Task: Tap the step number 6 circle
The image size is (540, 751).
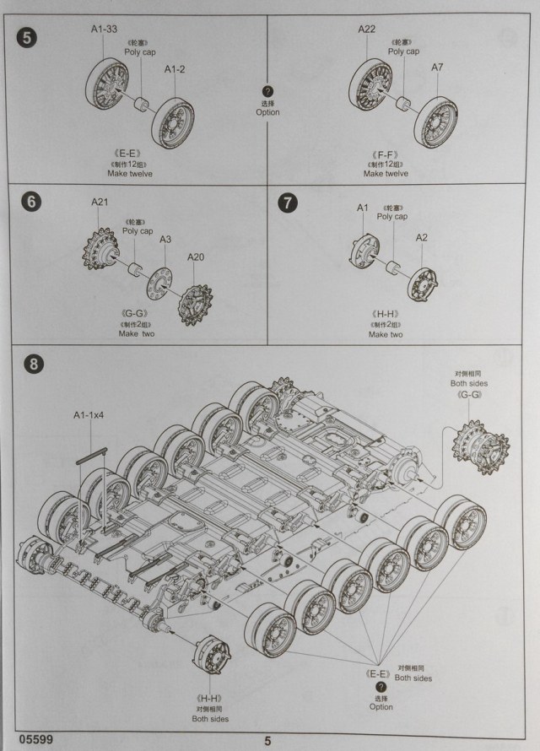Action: click(x=30, y=203)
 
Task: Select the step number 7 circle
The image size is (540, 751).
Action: click(x=288, y=203)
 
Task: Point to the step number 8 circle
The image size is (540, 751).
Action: click(x=32, y=365)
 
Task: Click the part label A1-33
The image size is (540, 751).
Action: click(x=105, y=30)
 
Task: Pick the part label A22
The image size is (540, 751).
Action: click(x=366, y=30)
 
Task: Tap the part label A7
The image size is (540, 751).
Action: click(x=437, y=67)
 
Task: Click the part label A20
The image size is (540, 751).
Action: click(x=195, y=257)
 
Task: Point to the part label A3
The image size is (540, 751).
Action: click(x=166, y=240)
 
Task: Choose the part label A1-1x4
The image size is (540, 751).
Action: click(x=88, y=414)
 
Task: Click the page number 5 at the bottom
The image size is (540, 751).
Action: click(x=268, y=740)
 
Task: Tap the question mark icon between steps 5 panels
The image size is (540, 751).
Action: click(x=267, y=91)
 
